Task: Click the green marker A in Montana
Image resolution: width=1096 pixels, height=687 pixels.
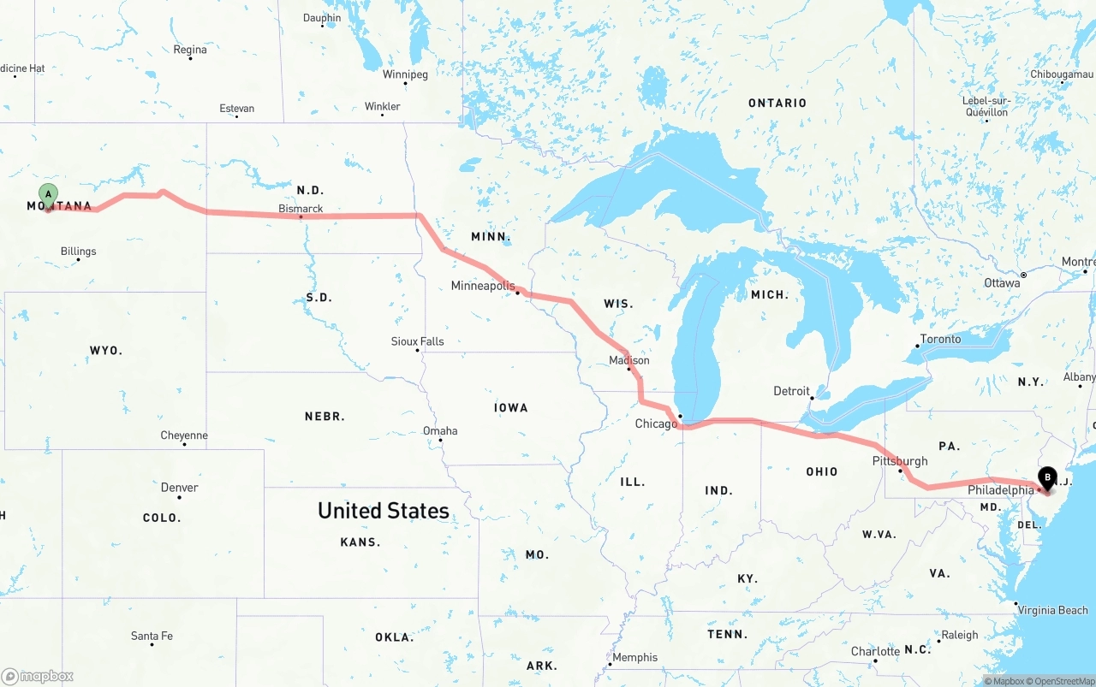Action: coord(48,194)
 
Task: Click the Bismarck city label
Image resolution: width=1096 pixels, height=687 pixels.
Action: coord(301,209)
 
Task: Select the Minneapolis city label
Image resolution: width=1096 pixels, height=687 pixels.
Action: coord(483,286)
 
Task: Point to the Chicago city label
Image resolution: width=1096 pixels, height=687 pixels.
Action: coord(656,423)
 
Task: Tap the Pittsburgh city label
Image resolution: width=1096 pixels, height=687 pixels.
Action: coord(899,461)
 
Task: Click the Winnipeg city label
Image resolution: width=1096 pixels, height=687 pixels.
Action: coord(405,74)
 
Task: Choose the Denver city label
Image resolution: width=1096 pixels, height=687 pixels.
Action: coord(180,488)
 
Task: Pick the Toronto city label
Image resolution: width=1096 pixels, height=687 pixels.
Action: coord(940,339)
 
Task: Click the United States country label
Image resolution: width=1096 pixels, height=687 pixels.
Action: coord(384,511)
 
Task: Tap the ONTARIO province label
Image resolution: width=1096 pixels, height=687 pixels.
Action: coord(777,103)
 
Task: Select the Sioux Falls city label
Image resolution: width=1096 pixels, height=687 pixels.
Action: coord(418,341)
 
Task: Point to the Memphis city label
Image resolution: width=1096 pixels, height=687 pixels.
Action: coord(635,657)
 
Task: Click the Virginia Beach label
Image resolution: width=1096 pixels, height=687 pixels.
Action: coord(1052,610)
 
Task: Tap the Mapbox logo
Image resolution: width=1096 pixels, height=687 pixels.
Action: coord(38,676)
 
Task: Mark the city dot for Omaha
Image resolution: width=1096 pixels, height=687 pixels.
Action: coord(441,441)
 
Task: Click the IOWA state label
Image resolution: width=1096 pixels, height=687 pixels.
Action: coord(511,408)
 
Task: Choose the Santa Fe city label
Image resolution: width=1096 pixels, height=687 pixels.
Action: coord(152,636)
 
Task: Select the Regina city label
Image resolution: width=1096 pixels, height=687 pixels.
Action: coord(190,50)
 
